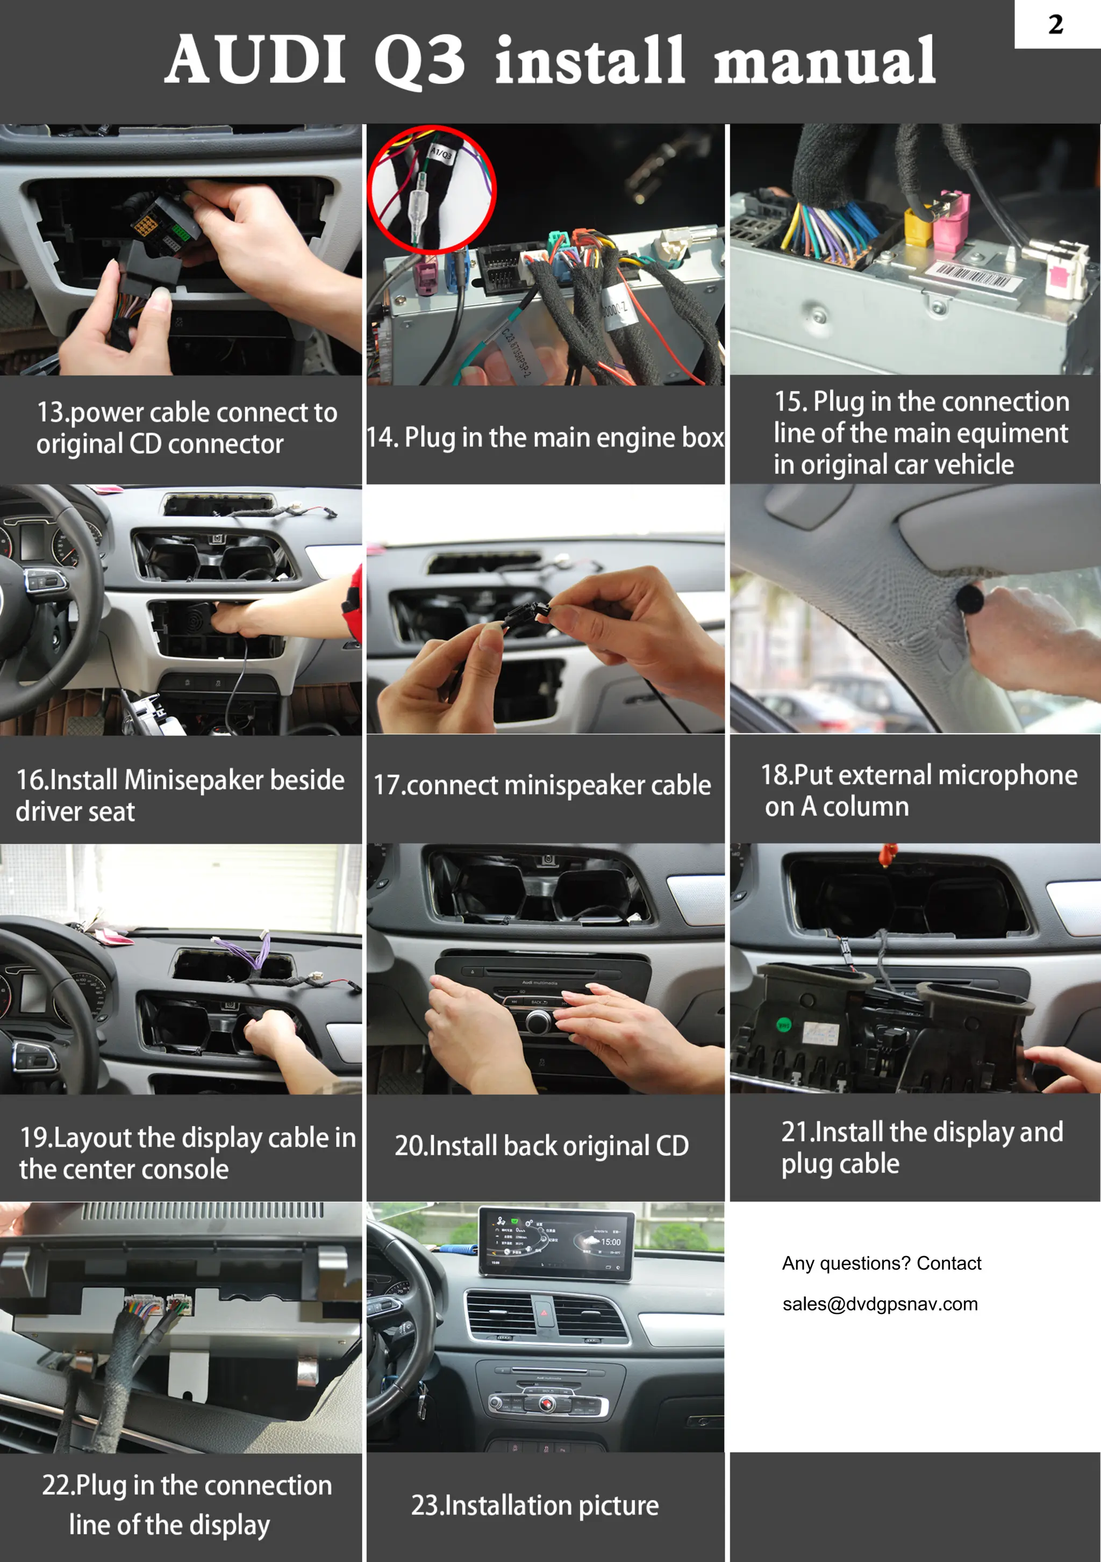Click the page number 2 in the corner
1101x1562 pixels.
[x=1055, y=25]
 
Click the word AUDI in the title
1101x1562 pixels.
[x=256, y=61]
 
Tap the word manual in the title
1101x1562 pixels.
[x=825, y=62]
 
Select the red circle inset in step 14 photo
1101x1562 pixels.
[x=432, y=190]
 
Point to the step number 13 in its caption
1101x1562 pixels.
[x=52, y=412]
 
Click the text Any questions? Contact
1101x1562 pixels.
[x=881, y=1263]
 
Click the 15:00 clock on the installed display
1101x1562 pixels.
[x=610, y=1242]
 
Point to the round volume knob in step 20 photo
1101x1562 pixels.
[x=538, y=1021]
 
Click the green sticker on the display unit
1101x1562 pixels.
[x=784, y=1024]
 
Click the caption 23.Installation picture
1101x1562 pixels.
[x=535, y=1506]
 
